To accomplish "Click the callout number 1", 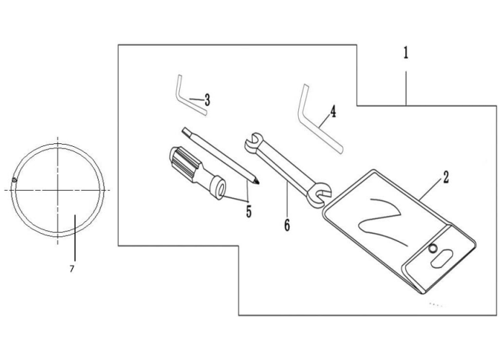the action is click(406, 53).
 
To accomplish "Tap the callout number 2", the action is click(446, 177).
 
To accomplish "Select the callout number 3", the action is click(207, 100).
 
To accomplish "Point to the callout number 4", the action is click(333, 111).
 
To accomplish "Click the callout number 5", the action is click(249, 211).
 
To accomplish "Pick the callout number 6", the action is click(287, 225).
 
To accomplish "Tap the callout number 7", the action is click(72, 269).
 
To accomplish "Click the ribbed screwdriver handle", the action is click(182, 163).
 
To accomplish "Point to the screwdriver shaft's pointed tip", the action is click(258, 184).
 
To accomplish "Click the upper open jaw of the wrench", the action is click(253, 142).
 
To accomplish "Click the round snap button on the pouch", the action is click(433, 248).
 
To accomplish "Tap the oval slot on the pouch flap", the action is click(441, 258).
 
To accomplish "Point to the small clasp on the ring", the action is click(14, 180).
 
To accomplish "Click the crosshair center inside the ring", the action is click(58, 190).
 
